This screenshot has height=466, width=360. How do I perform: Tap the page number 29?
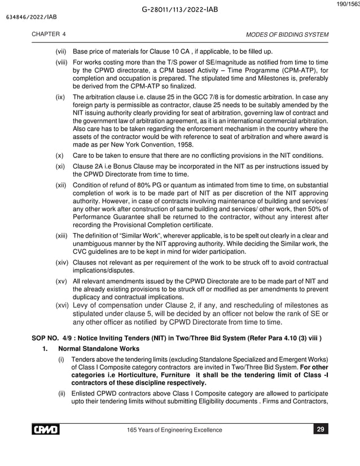tap(320, 430)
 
